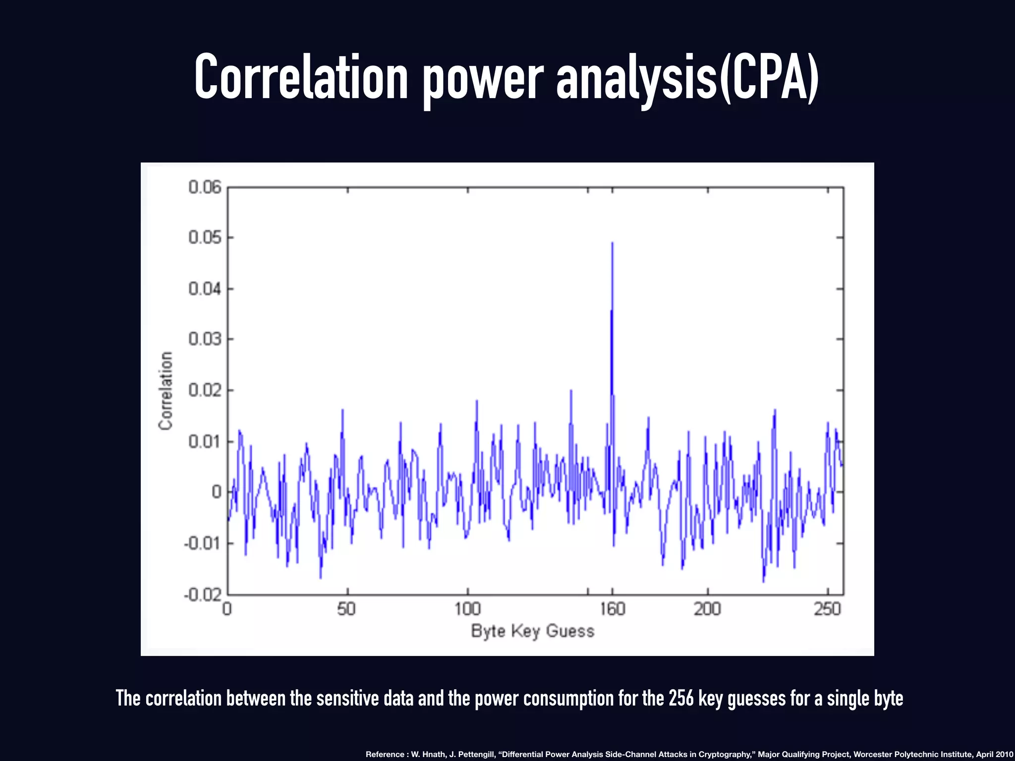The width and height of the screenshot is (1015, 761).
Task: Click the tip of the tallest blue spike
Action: coord(612,243)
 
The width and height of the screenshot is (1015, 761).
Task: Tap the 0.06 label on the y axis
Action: coord(205,187)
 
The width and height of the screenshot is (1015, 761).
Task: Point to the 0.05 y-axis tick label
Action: coord(205,238)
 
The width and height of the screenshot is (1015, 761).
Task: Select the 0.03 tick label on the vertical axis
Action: coord(205,339)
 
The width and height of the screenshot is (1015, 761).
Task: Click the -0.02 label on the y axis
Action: coord(203,595)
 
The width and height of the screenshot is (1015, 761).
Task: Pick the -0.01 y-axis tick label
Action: coord(203,544)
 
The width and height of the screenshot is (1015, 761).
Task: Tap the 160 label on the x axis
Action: coord(613,609)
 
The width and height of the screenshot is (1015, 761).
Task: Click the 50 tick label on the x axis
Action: coord(346,609)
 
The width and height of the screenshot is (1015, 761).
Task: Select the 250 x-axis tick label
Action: coord(827,609)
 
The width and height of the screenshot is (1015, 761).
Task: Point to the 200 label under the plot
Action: coord(707,609)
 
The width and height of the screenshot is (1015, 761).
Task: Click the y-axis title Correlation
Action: coord(166,391)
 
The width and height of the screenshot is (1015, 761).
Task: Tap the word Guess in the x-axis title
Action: coord(570,631)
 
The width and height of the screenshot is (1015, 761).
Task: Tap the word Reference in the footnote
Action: coord(385,754)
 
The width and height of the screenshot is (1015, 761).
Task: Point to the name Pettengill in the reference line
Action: coord(477,754)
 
